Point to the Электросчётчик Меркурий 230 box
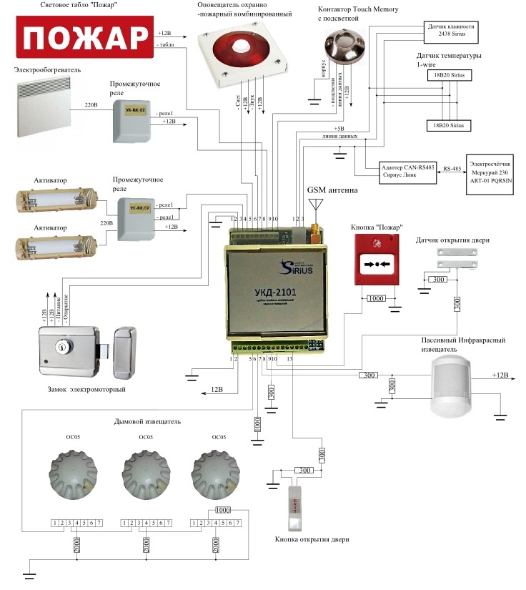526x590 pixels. point(493,171)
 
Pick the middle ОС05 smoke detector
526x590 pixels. point(145,474)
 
